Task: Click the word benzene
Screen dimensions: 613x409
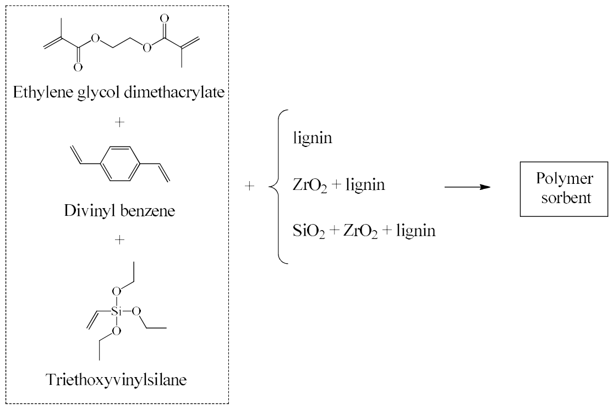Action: [x=147, y=211]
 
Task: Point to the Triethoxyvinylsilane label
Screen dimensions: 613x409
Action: [x=117, y=380]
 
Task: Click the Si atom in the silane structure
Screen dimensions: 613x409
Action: [x=117, y=311]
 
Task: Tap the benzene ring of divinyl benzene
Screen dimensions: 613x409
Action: [x=120, y=164]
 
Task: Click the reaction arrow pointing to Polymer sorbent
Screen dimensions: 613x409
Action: [x=468, y=187]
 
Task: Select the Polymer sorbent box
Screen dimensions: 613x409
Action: [x=563, y=189]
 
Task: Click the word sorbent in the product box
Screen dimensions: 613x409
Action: [x=566, y=198]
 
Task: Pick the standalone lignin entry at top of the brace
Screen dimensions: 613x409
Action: [x=313, y=138]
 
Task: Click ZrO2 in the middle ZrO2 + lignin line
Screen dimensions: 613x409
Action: [x=310, y=185]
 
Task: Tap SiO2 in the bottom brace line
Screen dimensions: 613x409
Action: [x=309, y=231]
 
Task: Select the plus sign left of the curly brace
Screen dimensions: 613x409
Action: [x=249, y=186]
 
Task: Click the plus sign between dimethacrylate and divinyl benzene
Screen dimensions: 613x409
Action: [x=119, y=122]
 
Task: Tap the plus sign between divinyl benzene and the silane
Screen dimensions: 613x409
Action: [x=119, y=239]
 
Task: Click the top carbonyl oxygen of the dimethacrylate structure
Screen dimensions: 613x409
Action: [x=165, y=18]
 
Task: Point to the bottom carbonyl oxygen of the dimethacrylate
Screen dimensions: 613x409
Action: [x=78, y=68]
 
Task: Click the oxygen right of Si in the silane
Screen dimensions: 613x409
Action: [x=136, y=311]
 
